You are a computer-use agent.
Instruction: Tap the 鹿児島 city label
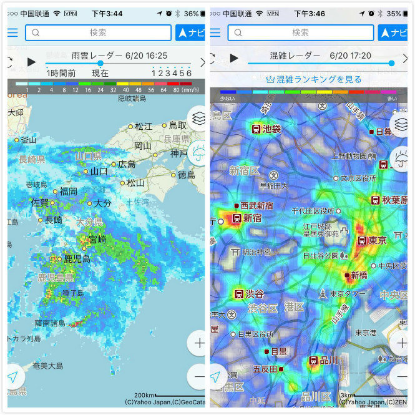pyautogui.click(x=77, y=258)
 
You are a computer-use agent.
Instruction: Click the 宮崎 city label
pyautogui.click(x=97, y=239)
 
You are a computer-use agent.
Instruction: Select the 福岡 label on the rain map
pyautogui.click(x=68, y=191)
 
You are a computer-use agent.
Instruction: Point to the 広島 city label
pyautogui.click(x=126, y=164)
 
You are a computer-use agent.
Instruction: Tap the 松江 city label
pyautogui.click(x=143, y=126)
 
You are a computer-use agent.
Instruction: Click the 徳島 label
pyautogui.click(x=186, y=175)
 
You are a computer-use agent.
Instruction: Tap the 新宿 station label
pyautogui.click(x=251, y=218)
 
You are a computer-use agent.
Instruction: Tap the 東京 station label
pyautogui.click(x=376, y=240)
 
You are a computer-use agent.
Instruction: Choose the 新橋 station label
pyautogui.click(x=358, y=275)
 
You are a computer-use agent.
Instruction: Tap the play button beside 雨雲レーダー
pyautogui.click(x=31, y=62)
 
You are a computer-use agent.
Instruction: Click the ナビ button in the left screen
pyautogui.click(x=190, y=33)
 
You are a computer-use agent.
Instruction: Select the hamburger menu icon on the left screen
pyautogui.click(x=12, y=33)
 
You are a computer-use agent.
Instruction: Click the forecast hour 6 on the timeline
pyautogui.click(x=189, y=73)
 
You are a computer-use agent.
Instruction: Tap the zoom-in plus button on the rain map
pyautogui.click(x=199, y=343)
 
